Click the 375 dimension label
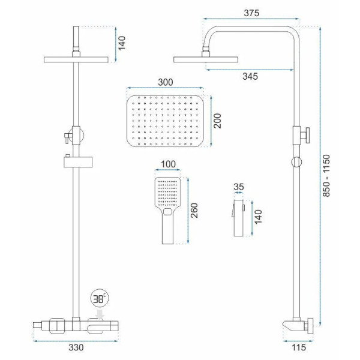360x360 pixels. pos(251,13)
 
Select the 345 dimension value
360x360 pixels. pos(250,76)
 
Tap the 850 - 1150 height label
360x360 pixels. pos(326,176)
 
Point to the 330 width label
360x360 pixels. pos(76,347)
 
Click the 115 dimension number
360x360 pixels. pos(299,347)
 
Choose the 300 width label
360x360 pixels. pos(166,82)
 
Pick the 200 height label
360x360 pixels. pos(217,121)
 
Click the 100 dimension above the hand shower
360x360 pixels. pos(168,164)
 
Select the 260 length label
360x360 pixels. pos(194,211)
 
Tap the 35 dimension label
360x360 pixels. pos(239,187)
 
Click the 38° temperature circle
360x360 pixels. pos(100,298)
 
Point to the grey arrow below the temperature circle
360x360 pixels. pos(100,314)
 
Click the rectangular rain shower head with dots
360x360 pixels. pos(165,121)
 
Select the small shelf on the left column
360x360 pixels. pos(78,162)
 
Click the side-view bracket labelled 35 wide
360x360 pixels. pos(239,218)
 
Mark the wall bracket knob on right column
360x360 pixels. pos(307,136)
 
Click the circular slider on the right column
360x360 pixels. pos(296,162)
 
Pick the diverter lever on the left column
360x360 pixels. pos(67,138)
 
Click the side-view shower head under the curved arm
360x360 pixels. pos(206,59)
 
